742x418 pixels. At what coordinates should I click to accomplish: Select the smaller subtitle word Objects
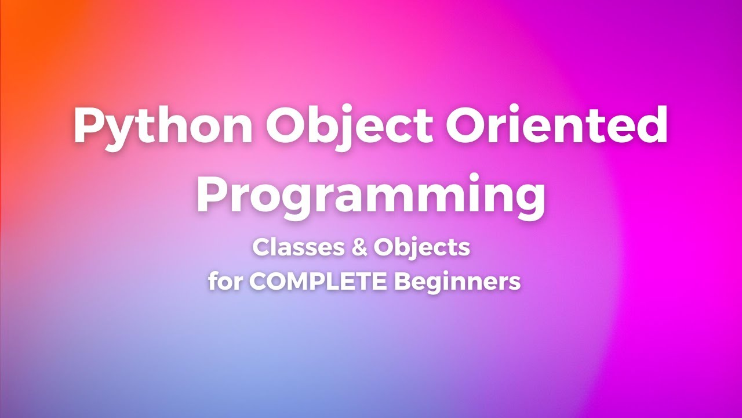click(421, 248)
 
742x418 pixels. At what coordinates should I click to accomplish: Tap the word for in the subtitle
click(226, 282)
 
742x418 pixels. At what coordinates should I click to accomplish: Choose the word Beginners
click(457, 283)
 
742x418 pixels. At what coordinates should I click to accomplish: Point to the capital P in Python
click(87, 126)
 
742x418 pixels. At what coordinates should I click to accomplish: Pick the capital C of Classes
click(261, 248)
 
